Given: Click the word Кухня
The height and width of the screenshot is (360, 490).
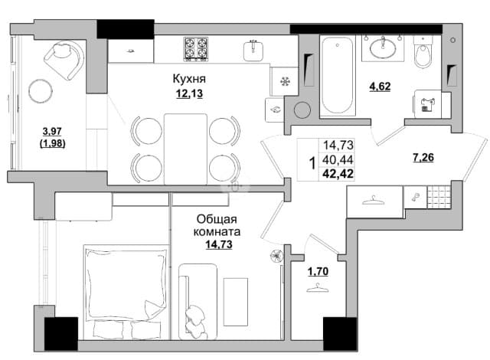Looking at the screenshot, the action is click(189, 79).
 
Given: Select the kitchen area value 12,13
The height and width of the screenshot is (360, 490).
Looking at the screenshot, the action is click(189, 93).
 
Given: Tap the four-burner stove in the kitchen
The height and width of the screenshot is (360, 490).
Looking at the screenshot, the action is click(196, 48).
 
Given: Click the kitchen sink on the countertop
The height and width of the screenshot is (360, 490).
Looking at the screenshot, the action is click(253, 51).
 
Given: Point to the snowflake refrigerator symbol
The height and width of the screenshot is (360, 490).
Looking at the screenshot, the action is click(285, 82).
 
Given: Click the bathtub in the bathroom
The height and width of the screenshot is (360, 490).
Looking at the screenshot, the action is click(338, 75).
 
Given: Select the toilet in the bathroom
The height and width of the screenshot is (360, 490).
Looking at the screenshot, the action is click(423, 52).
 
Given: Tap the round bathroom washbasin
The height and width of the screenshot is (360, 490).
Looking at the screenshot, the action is click(383, 47).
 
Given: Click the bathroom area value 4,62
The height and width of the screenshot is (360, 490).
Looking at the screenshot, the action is click(380, 87).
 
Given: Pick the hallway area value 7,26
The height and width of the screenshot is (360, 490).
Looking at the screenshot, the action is click(423, 158).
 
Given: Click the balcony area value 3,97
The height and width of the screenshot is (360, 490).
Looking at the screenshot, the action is click(52, 131).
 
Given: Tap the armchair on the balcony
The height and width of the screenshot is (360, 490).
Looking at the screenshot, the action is click(64, 58).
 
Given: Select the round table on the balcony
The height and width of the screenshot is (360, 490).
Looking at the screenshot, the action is click(41, 91).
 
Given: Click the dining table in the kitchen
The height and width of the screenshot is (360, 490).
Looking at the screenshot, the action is click(185, 149).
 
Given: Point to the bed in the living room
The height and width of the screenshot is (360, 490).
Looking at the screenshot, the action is click(125, 291).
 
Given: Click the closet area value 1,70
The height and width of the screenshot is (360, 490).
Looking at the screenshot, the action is click(318, 272).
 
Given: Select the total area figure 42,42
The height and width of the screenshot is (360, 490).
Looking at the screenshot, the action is click(338, 173).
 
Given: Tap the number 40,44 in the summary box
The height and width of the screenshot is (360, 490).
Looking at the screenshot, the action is click(338, 159).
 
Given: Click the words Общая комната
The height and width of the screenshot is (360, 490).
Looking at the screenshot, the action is click(217, 225).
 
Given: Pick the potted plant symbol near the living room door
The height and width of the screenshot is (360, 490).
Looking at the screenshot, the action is click(276, 256).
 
